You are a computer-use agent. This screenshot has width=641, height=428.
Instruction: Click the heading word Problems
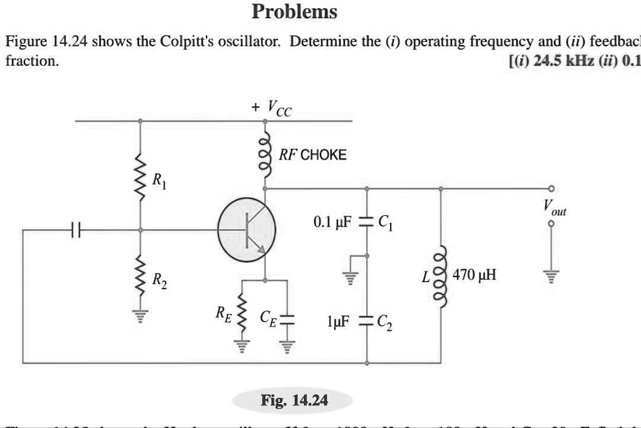(x=294, y=12)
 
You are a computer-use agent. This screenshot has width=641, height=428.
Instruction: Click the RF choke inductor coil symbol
(x=265, y=155)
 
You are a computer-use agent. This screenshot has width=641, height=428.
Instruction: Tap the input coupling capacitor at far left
(x=75, y=230)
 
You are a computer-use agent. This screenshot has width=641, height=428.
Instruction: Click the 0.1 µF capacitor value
(x=333, y=222)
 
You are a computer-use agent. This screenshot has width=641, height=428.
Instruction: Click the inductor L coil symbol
(x=443, y=275)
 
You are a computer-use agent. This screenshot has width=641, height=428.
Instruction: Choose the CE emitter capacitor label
(x=267, y=317)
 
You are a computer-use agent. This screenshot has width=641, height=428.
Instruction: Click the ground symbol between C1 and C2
(x=351, y=273)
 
